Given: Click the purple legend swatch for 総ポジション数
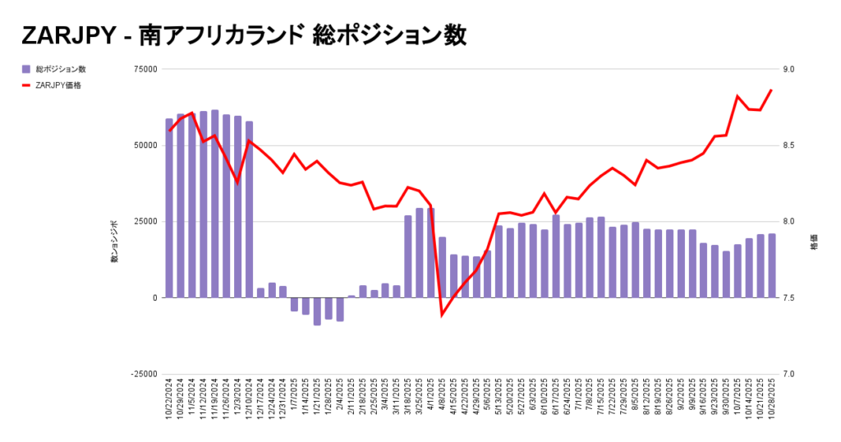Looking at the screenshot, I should pos(26,69).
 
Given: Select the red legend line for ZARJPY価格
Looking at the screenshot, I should pos(26,85).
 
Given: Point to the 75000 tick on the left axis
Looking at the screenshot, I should pos(145,69).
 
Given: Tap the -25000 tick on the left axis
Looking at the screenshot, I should pos(144,374).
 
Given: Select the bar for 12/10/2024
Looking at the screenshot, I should pos(249,209).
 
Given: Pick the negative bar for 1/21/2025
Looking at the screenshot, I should pos(317,311).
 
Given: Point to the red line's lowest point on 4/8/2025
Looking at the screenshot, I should pos(442,315).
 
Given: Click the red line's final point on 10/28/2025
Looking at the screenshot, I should pos(771,90).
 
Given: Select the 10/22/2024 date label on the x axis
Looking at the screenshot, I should pos(169,403).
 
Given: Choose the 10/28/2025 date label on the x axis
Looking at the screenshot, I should pos(771,403).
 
